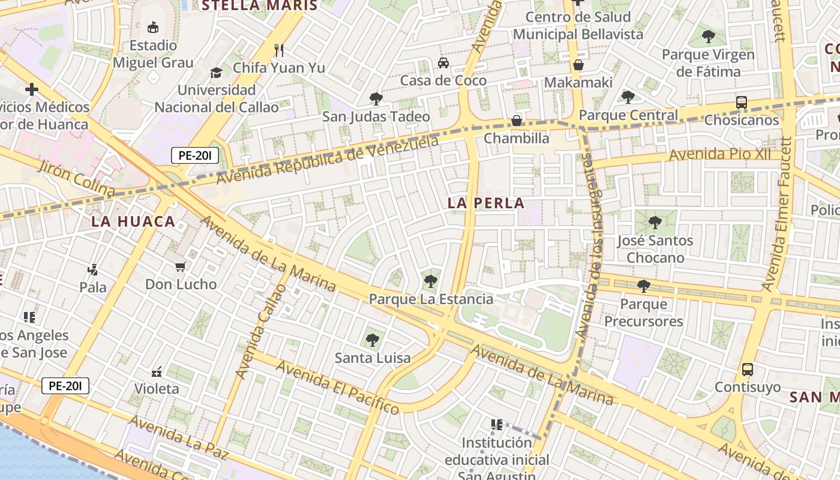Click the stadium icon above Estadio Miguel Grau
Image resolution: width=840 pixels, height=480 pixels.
click(x=153, y=27)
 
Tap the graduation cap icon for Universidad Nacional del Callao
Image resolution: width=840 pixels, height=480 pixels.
click(x=216, y=73)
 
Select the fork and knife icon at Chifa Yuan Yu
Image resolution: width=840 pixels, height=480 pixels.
click(x=278, y=50)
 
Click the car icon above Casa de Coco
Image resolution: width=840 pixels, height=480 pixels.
click(x=443, y=62)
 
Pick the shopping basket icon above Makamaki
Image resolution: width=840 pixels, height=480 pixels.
click(x=578, y=65)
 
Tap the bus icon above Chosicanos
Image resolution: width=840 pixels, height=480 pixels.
click(x=742, y=103)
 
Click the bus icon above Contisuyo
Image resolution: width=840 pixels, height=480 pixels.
click(x=747, y=369)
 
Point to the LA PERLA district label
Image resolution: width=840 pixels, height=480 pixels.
click(x=486, y=203)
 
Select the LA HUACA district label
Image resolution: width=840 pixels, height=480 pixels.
click(x=133, y=221)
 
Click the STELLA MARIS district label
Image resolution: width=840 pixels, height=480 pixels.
click(x=259, y=6)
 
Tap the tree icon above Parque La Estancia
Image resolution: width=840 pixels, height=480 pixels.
click(x=430, y=281)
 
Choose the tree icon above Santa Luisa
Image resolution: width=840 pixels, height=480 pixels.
click(x=373, y=340)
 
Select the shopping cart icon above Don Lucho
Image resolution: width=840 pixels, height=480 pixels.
click(x=181, y=266)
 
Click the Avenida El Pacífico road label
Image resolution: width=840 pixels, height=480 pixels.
click(x=337, y=386)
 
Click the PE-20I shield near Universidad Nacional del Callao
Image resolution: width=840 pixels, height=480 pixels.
click(x=194, y=156)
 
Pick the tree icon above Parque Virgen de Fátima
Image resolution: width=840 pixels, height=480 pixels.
click(x=708, y=37)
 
